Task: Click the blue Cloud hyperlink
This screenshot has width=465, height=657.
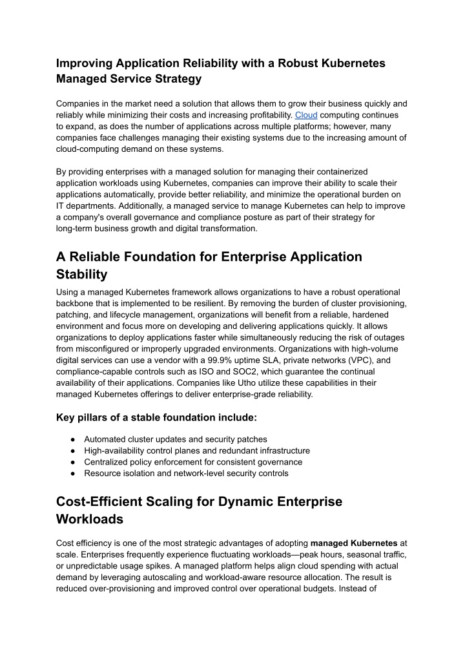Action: pos(306,115)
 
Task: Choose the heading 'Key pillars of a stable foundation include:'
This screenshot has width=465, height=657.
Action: pos(157,417)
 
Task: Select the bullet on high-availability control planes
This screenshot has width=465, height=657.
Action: pos(197,451)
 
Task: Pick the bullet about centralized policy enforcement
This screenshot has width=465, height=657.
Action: pos(193,462)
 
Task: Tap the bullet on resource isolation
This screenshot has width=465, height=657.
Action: pos(186,474)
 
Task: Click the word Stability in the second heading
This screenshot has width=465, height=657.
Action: pos(81,275)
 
